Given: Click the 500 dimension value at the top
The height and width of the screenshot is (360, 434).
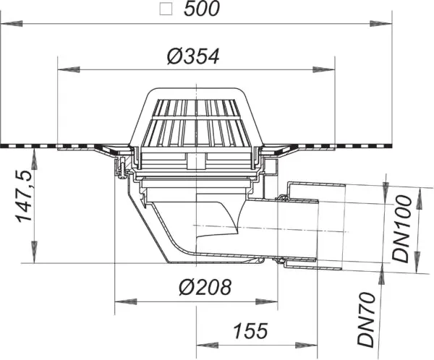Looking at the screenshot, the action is coord(202,9).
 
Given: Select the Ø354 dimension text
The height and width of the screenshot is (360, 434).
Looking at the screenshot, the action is coord(193,56).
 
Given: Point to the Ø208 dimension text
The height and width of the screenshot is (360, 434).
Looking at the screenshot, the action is coord(205,287).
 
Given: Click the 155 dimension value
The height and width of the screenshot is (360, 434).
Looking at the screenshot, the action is coord(251,331).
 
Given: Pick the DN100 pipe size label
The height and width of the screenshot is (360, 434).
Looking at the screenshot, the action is coord(401,229).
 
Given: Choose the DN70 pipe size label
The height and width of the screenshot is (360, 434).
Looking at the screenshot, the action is coord(366,320).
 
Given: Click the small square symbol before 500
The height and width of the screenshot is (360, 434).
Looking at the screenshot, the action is coord(166,9).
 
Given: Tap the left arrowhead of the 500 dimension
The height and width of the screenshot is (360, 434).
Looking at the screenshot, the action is coord(11,24).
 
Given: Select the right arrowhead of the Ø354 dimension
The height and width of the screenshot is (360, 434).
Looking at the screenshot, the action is coord(324,69).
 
